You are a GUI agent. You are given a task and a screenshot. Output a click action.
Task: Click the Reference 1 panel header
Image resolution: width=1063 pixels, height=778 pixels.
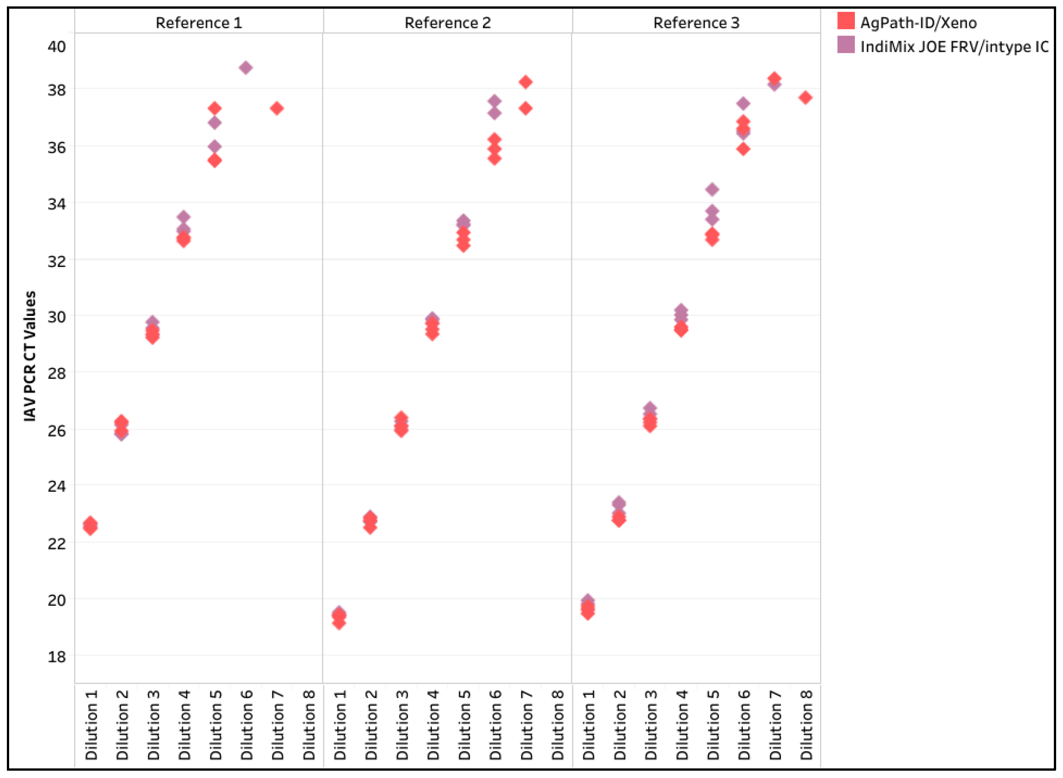[x=199, y=22]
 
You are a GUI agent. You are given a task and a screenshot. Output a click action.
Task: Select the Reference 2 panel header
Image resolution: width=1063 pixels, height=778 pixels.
[x=447, y=22]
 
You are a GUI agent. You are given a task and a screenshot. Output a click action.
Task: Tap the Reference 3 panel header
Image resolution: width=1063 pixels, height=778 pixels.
[x=696, y=22]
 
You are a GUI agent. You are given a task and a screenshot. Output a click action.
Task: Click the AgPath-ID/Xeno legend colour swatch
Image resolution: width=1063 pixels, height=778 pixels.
[x=846, y=21]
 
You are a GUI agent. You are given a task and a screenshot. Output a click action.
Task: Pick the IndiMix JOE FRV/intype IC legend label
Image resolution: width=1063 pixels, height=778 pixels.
[x=955, y=47]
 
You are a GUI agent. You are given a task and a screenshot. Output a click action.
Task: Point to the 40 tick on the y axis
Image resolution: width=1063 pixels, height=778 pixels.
[x=57, y=47]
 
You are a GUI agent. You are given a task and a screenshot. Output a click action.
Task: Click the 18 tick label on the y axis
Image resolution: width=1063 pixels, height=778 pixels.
[x=57, y=656]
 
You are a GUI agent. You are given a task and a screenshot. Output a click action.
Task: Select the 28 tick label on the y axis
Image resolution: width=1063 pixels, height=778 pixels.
[x=57, y=373]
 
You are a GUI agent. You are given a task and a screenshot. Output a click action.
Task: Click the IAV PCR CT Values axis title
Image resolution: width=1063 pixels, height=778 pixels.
[x=30, y=356]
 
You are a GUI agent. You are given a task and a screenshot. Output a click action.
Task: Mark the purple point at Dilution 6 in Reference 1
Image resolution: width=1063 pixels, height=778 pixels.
[x=246, y=67]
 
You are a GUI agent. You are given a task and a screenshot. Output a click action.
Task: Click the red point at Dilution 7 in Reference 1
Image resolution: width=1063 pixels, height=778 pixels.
[x=277, y=108]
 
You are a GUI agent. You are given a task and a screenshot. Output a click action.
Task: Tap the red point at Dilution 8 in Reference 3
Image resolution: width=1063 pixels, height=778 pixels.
[x=805, y=97]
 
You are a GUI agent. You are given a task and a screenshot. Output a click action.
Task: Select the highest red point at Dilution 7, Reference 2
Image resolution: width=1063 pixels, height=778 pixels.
[x=526, y=82]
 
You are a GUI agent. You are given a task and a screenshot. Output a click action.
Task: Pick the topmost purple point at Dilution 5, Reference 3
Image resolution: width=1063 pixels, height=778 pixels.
[x=712, y=190]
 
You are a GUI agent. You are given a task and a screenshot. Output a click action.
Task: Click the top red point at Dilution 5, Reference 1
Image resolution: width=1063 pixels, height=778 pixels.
[x=215, y=108]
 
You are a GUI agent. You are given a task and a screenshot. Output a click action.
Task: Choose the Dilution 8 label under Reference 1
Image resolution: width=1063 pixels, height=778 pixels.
[x=309, y=725]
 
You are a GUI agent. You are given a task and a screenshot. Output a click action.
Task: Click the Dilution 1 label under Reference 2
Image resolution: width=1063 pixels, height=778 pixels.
[x=340, y=725]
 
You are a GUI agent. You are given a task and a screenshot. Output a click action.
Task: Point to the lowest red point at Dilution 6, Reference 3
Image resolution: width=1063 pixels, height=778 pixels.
[x=743, y=149]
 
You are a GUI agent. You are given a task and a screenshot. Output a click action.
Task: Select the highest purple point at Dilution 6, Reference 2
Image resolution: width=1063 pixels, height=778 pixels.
[x=494, y=101]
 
